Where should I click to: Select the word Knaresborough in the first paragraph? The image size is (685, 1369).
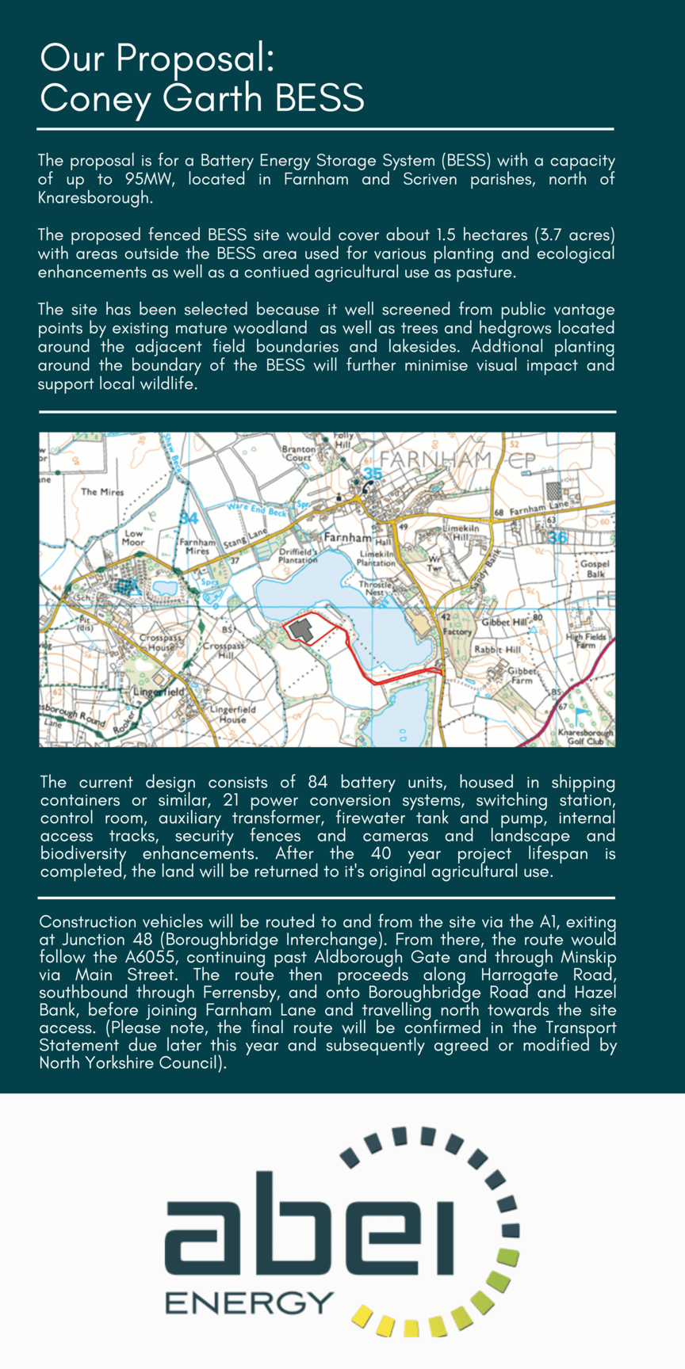(x=94, y=198)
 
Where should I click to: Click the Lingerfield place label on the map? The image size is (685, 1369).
(x=159, y=691)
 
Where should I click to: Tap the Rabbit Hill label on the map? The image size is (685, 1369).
(x=497, y=650)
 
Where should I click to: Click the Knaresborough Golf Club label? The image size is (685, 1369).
(x=586, y=737)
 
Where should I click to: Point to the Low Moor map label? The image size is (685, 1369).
(x=133, y=538)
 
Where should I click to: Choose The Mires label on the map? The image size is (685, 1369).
(x=102, y=492)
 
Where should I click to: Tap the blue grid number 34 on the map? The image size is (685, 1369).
(x=188, y=518)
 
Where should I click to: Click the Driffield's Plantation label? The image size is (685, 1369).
(x=297, y=555)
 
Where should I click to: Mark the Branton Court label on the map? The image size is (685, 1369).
(x=298, y=453)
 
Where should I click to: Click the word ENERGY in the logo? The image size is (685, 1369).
(x=249, y=1302)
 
